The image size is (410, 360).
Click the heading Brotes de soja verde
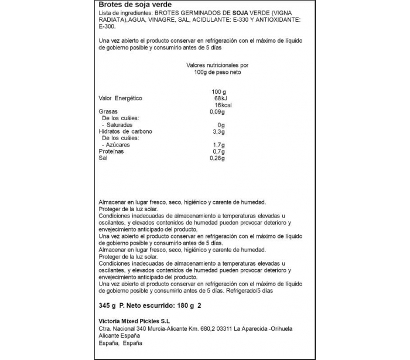coord(127,5)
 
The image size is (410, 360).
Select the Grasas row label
coord(108,111)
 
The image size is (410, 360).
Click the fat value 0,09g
coord(217,111)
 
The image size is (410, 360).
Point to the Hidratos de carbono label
coord(125,131)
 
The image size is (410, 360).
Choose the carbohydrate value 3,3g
coord(218,131)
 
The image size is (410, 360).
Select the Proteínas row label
coord(111,151)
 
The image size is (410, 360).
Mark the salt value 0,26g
coord(217,158)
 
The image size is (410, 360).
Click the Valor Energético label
coord(121,99)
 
